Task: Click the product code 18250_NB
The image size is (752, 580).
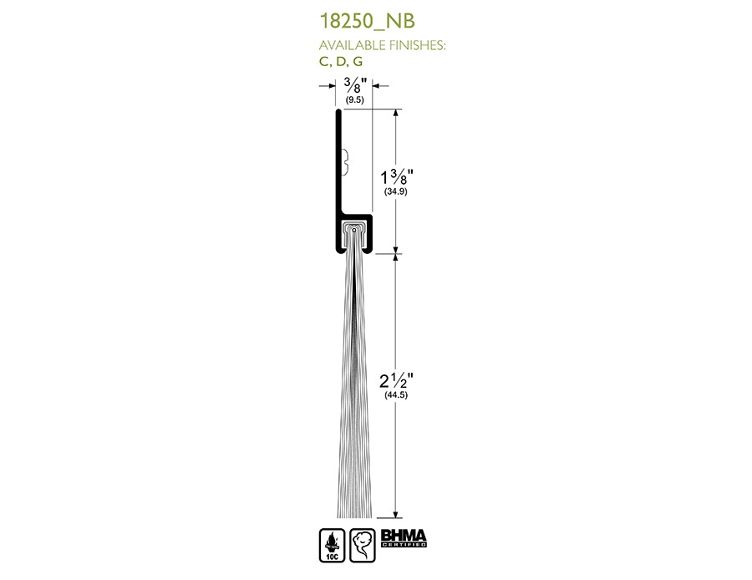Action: [x=367, y=21]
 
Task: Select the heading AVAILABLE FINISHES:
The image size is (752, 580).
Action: [x=382, y=45]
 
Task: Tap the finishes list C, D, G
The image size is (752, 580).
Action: [x=341, y=61]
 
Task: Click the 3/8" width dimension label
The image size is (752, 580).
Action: [x=355, y=85]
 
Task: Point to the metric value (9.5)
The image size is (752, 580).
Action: [x=355, y=99]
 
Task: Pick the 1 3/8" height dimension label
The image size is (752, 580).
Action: [x=397, y=176]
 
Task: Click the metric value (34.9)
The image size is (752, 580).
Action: [x=396, y=191]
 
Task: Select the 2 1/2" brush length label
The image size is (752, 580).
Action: [x=396, y=380]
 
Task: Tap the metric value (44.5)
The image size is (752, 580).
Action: [x=396, y=394]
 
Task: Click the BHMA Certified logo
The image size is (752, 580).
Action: [x=404, y=538]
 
